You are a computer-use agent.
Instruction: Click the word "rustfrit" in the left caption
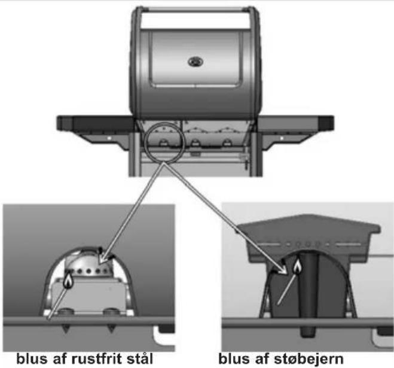click(97, 358)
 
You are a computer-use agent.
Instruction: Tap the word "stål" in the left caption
click(140, 358)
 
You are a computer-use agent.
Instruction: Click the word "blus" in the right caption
click(234, 358)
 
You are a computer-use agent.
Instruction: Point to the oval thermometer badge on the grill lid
click(196, 62)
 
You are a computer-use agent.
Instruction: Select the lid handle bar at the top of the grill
click(196, 10)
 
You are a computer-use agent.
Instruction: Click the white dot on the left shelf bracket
click(109, 138)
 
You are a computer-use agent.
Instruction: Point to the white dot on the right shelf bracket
click(282, 138)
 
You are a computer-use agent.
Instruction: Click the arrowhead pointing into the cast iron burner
click(283, 269)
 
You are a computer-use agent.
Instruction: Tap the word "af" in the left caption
click(60, 358)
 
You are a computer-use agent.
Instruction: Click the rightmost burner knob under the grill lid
click(227, 142)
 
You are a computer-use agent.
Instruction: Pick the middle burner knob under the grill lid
click(195, 142)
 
